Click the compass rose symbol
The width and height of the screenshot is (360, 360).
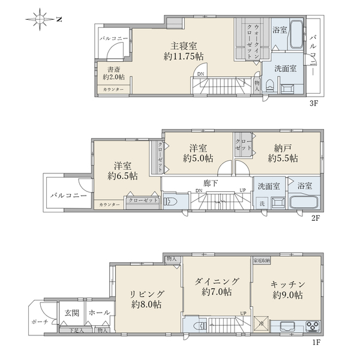(x=41, y=20)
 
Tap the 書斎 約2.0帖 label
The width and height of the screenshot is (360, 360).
(x=112, y=73)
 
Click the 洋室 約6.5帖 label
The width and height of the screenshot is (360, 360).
(x=122, y=170)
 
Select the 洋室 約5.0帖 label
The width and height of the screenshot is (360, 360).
(x=198, y=154)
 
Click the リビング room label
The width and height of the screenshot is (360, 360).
(x=146, y=299)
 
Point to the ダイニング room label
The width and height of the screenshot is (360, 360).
(x=217, y=287)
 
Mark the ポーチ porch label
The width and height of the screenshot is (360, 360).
(x=39, y=322)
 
